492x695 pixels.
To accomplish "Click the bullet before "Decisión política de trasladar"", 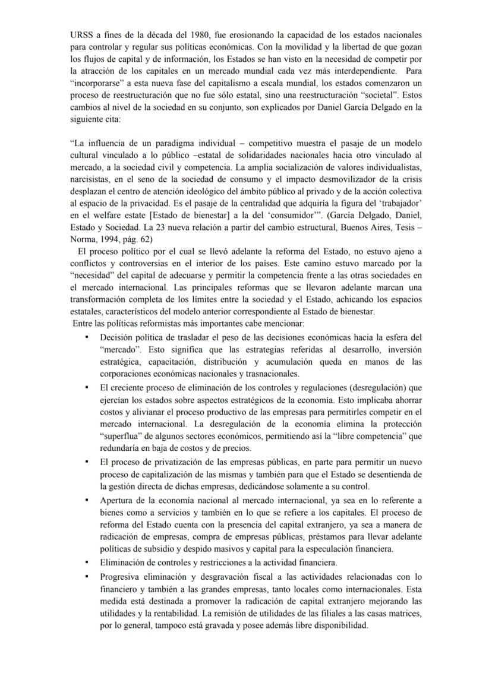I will click(x=87, y=337).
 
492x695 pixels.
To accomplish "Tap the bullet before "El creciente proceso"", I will click(x=87, y=387).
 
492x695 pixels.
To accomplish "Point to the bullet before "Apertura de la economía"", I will click(x=87, y=500).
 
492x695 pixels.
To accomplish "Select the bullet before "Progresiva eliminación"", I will click(x=87, y=577).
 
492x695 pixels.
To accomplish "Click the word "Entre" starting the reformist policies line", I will click(x=83, y=324).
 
